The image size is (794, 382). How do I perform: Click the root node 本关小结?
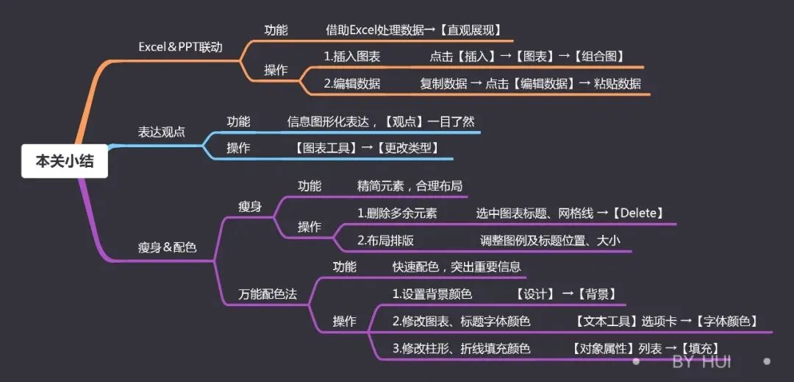65,161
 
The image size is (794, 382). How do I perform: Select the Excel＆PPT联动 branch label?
180,46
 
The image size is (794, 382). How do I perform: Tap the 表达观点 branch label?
162,132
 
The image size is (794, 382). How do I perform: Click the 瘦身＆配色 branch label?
167,247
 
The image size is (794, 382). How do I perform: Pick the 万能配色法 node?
268,294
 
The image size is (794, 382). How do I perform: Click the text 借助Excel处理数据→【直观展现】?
414,30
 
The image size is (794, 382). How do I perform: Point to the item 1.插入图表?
352,56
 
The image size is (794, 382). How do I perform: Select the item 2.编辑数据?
352,83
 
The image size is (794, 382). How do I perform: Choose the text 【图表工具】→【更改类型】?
365,148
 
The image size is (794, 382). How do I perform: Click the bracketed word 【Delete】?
639,213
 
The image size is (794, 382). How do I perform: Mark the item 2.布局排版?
385,240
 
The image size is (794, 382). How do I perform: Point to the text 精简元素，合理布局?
409,186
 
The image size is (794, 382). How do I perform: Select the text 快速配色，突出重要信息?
457,266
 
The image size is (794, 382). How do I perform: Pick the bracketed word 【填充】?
698,348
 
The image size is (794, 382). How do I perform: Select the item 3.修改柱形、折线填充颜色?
461,348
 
